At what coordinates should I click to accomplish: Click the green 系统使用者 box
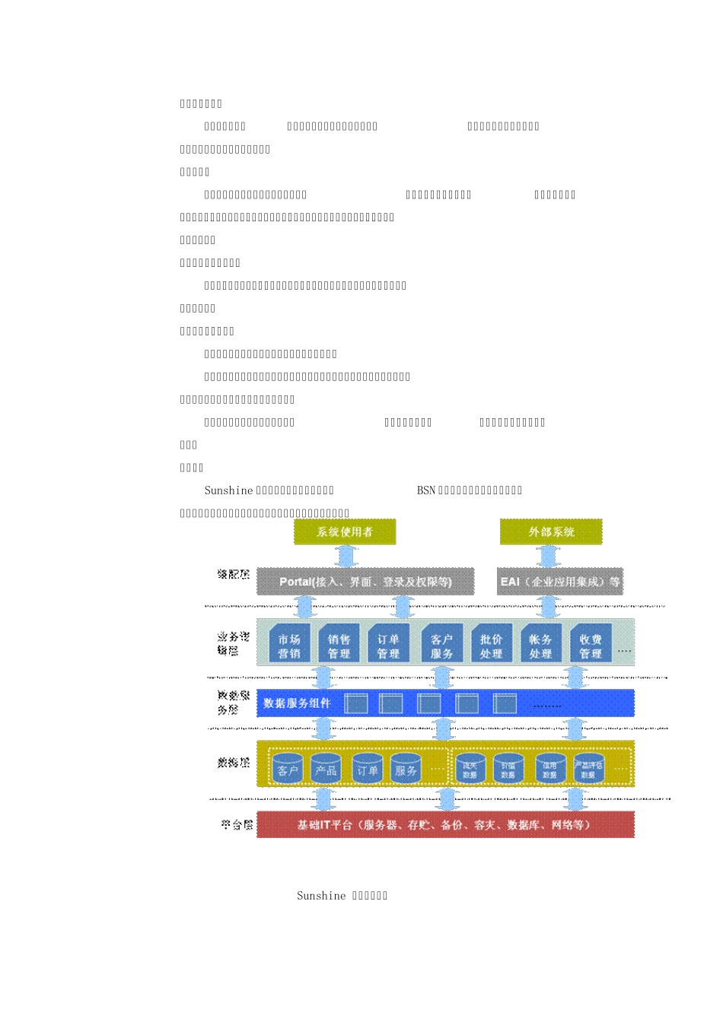pyautogui.click(x=345, y=532)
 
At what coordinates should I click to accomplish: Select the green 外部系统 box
pyautogui.click(x=551, y=532)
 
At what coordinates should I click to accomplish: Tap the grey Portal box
pyautogui.click(x=365, y=582)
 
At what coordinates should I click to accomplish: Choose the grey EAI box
pyautogui.click(x=560, y=582)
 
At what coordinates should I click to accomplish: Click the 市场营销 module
pyautogui.click(x=289, y=646)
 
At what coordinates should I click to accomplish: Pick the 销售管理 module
pyautogui.click(x=339, y=646)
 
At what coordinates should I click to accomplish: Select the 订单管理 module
pyautogui.click(x=388, y=646)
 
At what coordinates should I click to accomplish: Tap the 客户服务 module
pyautogui.click(x=441, y=646)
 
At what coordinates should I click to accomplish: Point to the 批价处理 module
pyautogui.click(x=491, y=646)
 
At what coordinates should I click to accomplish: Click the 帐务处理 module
pyautogui.click(x=540, y=646)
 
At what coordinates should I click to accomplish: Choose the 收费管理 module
pyautogui.click(x=591, y=646)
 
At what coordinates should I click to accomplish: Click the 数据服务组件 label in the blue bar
pyautogui.click(x=297, y=703)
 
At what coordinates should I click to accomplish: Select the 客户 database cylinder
pyautogui.click(x=288, y=770)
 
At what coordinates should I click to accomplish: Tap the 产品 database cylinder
pyautogui.click(x=326, y=770)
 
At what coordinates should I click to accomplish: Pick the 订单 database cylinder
pyautogui.click(x=368, y=770)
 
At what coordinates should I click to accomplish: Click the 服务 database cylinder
pyautogui.click(x=406, y=770)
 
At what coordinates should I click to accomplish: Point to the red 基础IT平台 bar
pyautogui.click(x=445, y=825)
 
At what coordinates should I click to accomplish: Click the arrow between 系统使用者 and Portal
pyautogui.click(x=346, y=556)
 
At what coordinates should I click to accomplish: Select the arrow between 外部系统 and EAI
pyautogui.click(x=548, y=556)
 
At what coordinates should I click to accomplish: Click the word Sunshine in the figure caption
pyautogui.click(x=321, y=896)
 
